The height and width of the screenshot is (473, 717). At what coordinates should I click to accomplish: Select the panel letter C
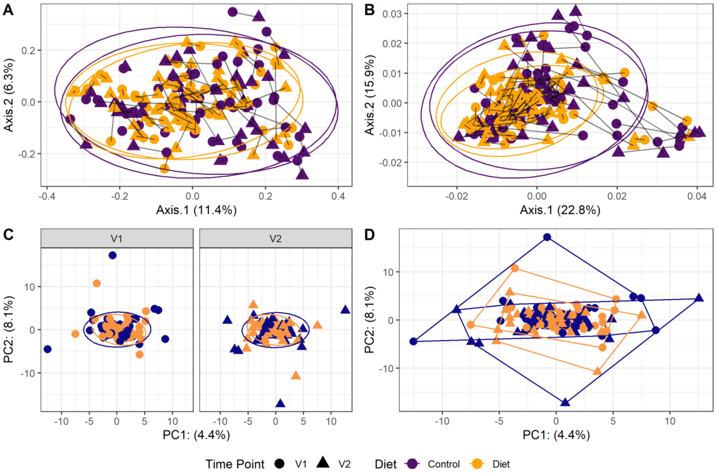[x=8, y=234]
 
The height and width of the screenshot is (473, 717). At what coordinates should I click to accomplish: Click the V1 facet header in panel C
[x=117, y=239]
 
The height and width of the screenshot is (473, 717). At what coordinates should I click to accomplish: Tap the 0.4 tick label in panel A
[x=338, y=196]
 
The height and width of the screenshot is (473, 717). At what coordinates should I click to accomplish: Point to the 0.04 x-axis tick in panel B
[x=697, y=196]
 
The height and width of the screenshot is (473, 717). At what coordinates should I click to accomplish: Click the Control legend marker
[x=412, y=464]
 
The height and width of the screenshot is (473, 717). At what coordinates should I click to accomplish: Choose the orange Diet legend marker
[x=477, y=464]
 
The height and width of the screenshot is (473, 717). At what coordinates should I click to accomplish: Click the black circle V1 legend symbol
[x=280, y=464]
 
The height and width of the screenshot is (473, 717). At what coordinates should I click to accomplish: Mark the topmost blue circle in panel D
[x=547, y=237]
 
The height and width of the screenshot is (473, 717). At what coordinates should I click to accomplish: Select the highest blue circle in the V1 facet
[x=112, y=255]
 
